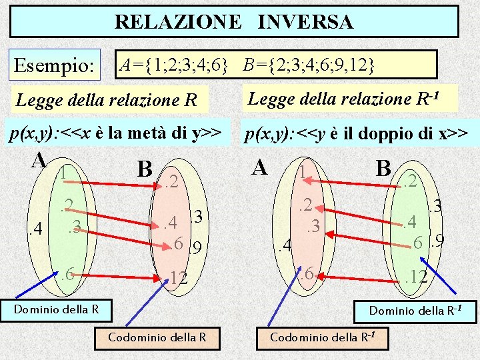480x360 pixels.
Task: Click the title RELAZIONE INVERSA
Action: [x=234, y=21]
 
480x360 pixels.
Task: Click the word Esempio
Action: [x=55, y=66]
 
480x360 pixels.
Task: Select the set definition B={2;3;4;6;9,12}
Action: [x=309, y=65]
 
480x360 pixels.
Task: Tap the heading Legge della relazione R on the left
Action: [x=107, y=101]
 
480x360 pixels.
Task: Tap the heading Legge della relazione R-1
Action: [x=343, y=99]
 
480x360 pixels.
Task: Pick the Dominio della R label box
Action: [x=57, y=309]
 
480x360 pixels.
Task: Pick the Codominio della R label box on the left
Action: [x=157, y=337]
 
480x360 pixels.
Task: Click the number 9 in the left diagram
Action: [x=196, y=250]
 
